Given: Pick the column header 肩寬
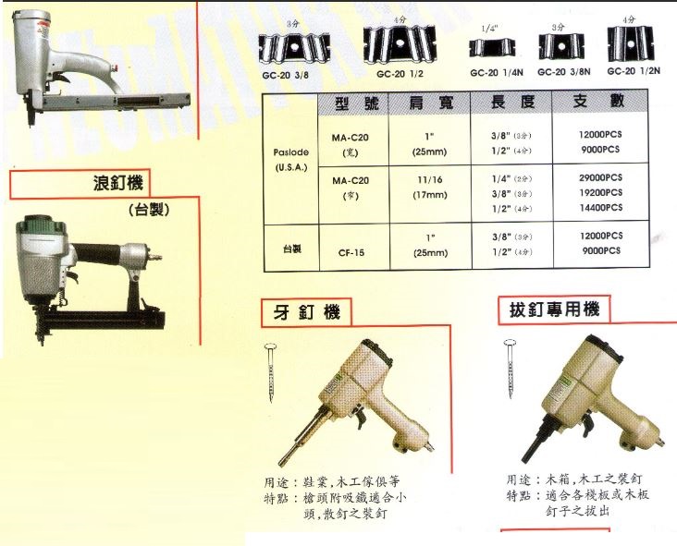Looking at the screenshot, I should tap(431, 104).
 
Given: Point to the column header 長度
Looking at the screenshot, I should tap(512, 104).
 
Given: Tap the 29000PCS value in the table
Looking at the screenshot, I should tap(599, 177).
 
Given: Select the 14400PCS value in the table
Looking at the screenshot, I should tap(599, 210).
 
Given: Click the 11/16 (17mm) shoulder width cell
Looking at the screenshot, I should tap(430, 188).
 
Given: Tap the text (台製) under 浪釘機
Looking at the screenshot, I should tap(150, 209).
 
